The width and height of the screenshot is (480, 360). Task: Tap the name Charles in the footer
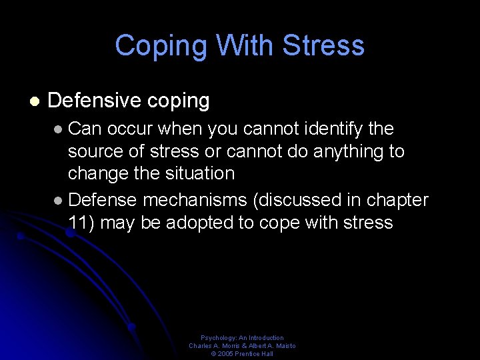(x=201, y=346)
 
